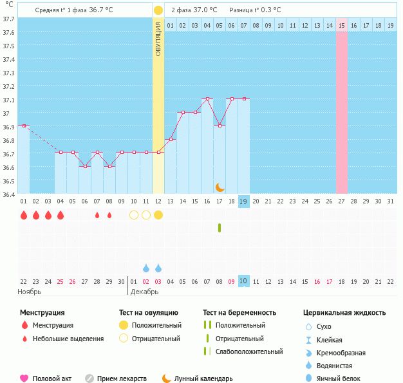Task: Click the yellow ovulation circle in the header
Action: (158, 10)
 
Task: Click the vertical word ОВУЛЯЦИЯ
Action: (158, 38)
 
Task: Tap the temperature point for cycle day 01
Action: (24, 126)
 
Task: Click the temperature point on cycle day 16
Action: (207, 99)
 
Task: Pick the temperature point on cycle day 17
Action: (220, 126)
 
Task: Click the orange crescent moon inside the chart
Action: (220, 187)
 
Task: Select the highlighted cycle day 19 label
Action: (244, 201)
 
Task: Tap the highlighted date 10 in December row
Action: (244, 281)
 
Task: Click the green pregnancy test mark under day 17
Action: (220, 227)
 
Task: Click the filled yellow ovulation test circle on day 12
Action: (158, 215)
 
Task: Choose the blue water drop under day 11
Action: (146, 268)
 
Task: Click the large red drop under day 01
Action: (24, 215)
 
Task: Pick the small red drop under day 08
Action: (109, 215)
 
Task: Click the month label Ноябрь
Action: (30, 292)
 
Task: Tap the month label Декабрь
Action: (144, 292)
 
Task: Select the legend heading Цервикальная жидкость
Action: (344, 313)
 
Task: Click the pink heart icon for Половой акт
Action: (24, 378)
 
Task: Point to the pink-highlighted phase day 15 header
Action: (342, 25)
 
